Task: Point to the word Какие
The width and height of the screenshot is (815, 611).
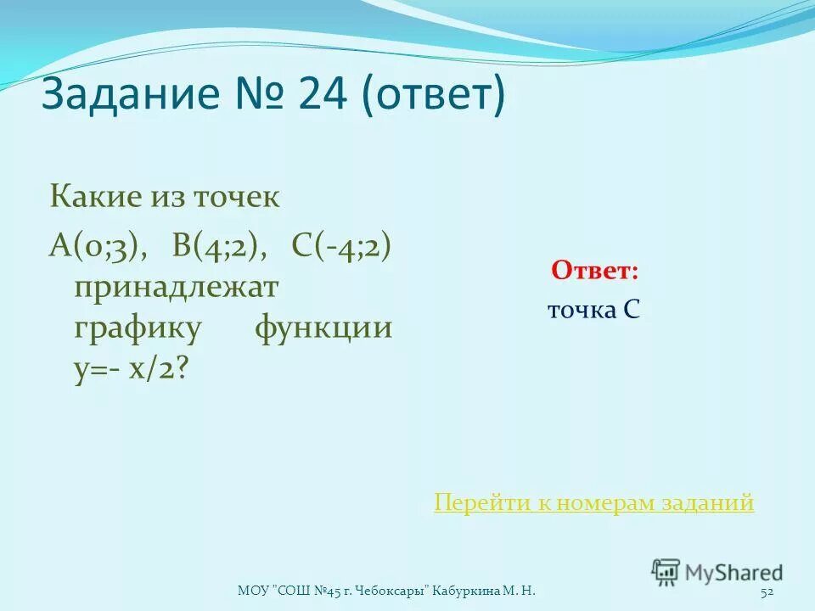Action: [93, 199]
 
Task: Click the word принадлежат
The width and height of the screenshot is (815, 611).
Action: [176, 287]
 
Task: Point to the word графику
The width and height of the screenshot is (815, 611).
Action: [138, 328]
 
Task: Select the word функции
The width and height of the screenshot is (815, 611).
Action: [323, 328]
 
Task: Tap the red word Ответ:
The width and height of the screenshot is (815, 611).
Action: [594, 271]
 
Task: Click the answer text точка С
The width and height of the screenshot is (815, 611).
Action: [593, 311]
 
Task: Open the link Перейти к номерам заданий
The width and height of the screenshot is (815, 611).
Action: [593, 503]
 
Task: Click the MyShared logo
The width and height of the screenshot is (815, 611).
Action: [717, 572]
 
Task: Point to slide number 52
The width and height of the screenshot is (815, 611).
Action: [767, 591]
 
